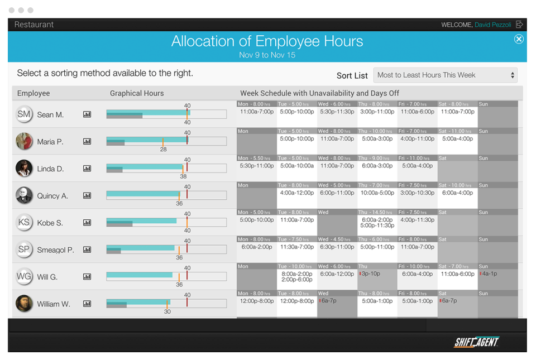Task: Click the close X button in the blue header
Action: (x=519, y=39)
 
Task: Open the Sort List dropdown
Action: (x=445, y=75)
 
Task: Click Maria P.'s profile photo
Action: (x=24, y=141)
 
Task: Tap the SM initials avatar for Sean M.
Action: (x=24, y=114)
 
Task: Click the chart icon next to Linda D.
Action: (x=87, y=169)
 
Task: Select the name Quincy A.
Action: (x=52, y=196)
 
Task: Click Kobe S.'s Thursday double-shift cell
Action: (x=377, y=223)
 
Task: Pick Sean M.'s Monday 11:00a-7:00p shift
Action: (x=257, y=112)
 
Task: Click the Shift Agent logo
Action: (x=476, y=342)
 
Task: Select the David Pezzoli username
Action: (x=493, y=25)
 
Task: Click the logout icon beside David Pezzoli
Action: (x=519, y=25)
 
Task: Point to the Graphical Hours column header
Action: (x=137, y=93)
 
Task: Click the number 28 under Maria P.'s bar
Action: (x=163, y=150)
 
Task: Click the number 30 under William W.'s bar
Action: (x=167, y=311)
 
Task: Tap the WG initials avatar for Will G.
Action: (x=24, y=277)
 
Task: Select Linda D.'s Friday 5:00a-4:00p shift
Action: (x=417, y=166)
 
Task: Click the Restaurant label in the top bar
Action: (x=34, y=25)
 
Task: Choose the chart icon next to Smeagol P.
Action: (x=87, y=250)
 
